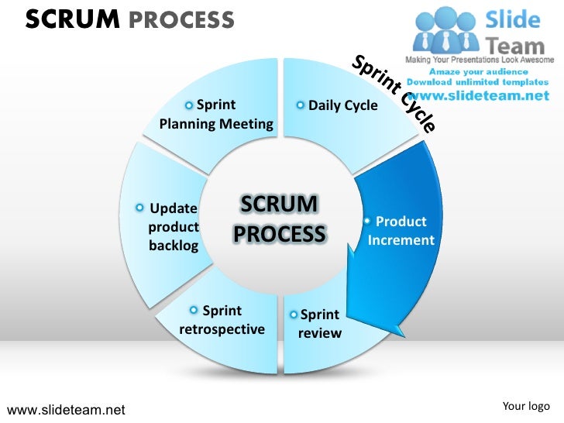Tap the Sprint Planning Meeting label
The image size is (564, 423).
pos(216,115)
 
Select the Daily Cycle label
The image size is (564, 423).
pos(342,105)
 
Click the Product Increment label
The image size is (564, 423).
pos(401,231)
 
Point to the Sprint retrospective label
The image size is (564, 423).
pos(222,320)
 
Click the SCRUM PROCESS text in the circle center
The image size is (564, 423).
pos(280,219)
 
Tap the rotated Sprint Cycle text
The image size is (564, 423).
pos(394,93)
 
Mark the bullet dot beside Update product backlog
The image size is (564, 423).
pos(139,208)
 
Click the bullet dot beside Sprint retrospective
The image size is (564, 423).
pos(194,311)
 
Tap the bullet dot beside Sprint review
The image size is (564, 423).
pos(293,315)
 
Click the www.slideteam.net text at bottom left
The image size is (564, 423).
pos(66,410)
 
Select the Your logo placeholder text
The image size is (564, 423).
pos(526,406)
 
